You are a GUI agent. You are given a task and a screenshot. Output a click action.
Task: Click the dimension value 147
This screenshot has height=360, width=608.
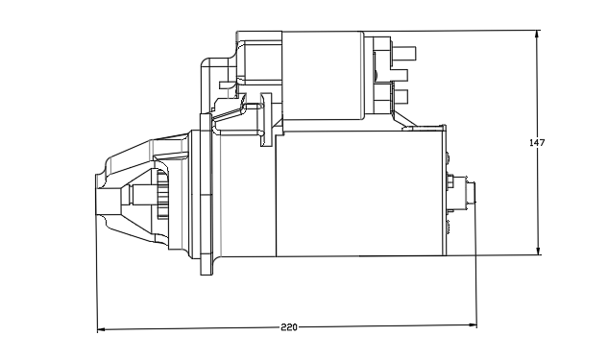pyautogui.click(x=537, y=143)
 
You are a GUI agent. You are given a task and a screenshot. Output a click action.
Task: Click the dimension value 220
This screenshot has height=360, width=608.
pyautogui.click(x=289, y=327)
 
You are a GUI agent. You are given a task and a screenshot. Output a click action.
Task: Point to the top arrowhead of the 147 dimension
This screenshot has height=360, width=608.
pyautogui.click(x=537, y=34)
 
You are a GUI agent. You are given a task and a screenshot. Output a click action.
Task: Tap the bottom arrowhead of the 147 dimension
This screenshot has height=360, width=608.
pyautogui.click(x=538, y=252)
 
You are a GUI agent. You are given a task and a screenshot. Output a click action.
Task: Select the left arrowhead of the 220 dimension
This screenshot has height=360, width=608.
pyautogui.click(x=101, y=329)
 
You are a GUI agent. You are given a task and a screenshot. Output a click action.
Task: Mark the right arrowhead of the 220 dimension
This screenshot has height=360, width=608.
pyautogui.click(x=473, y=324)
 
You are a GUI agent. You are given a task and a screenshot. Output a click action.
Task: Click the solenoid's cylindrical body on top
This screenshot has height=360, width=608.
pyautogui.click(x=323, y=75)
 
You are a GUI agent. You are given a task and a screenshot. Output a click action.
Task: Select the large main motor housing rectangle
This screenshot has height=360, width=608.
pyautogui.click(x=360, y=193)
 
